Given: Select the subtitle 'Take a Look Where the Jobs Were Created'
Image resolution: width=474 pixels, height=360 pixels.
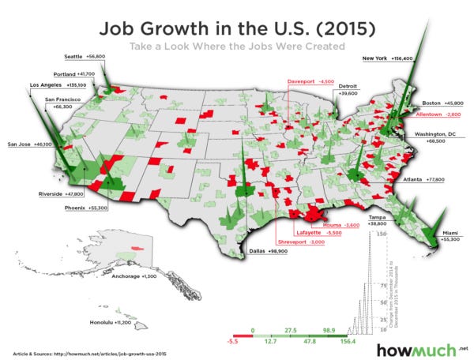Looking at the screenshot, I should point(237,47).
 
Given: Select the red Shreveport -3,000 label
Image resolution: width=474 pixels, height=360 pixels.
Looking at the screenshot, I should point(301,242).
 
